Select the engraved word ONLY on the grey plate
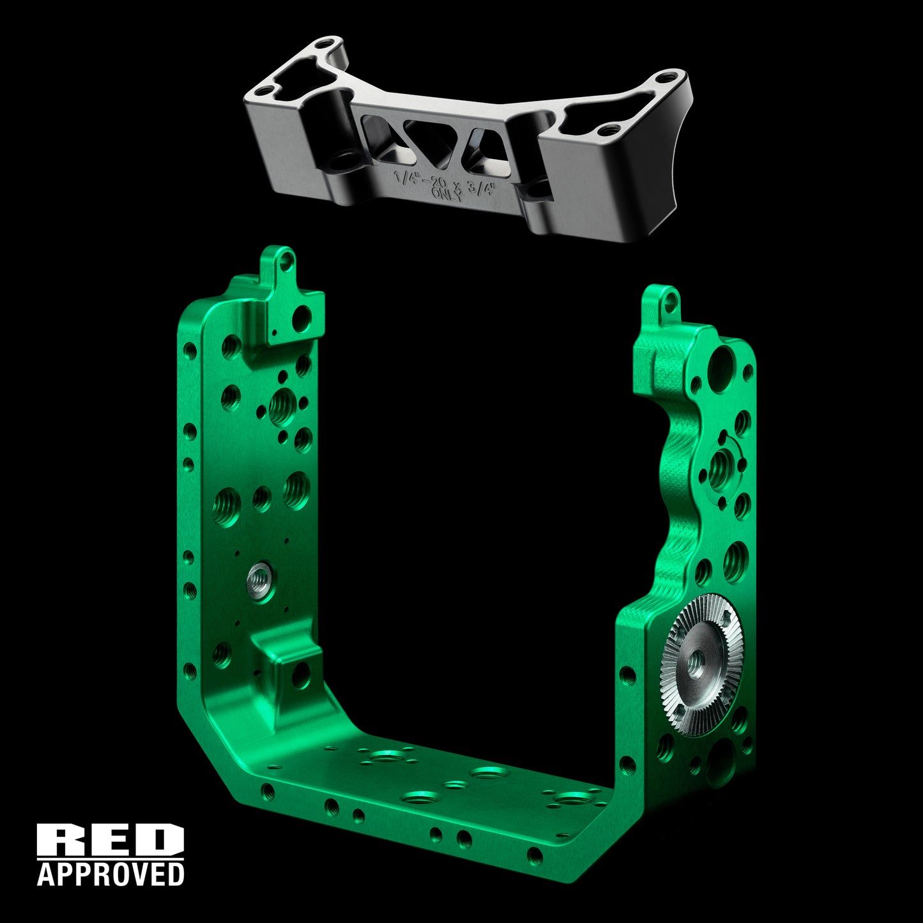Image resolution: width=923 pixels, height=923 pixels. (447, 194)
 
